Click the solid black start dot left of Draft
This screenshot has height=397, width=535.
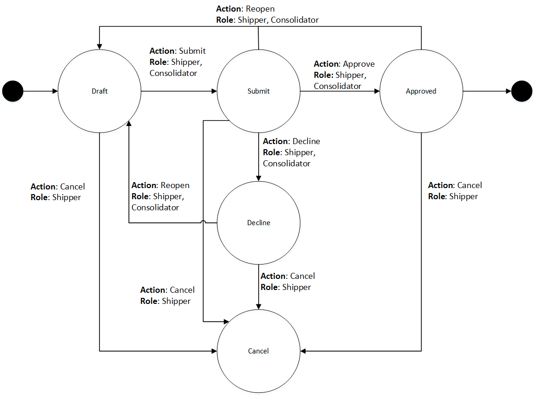pyautogui.click(x=13, y=91)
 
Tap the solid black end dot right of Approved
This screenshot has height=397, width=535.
pyautogui.click(x=522, y=91)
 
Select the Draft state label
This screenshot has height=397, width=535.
pyautogui.click(x=100, y=91)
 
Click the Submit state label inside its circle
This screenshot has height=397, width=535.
pyautogui.click(x=258, y=91)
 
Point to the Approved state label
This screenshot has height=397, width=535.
pyautogui.click(x=421, y=91)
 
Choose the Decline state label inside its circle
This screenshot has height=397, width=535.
pyautogui.click(x=258, y=223)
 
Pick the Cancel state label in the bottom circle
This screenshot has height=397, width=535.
pyautogui.click(x=258, y=351)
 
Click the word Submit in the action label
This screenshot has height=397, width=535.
pyautogui.click(x=192, y=51)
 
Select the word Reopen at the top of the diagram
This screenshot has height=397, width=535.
pyautogui.click(x=260, y=9)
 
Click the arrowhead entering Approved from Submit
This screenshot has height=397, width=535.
pyautogui.click(x=376, y=91)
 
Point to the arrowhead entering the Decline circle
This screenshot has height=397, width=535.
pyautogui.click(x=258, y=178)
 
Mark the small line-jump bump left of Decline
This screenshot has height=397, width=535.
pyautogui.click(x=203, y=223)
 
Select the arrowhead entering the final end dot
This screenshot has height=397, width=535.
pyautogui.click(x=508, y=91)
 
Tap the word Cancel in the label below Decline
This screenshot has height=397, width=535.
pyautogui.click(x=302, y=276)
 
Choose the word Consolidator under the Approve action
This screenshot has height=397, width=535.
pyautogui.click(x=337, y=86)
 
